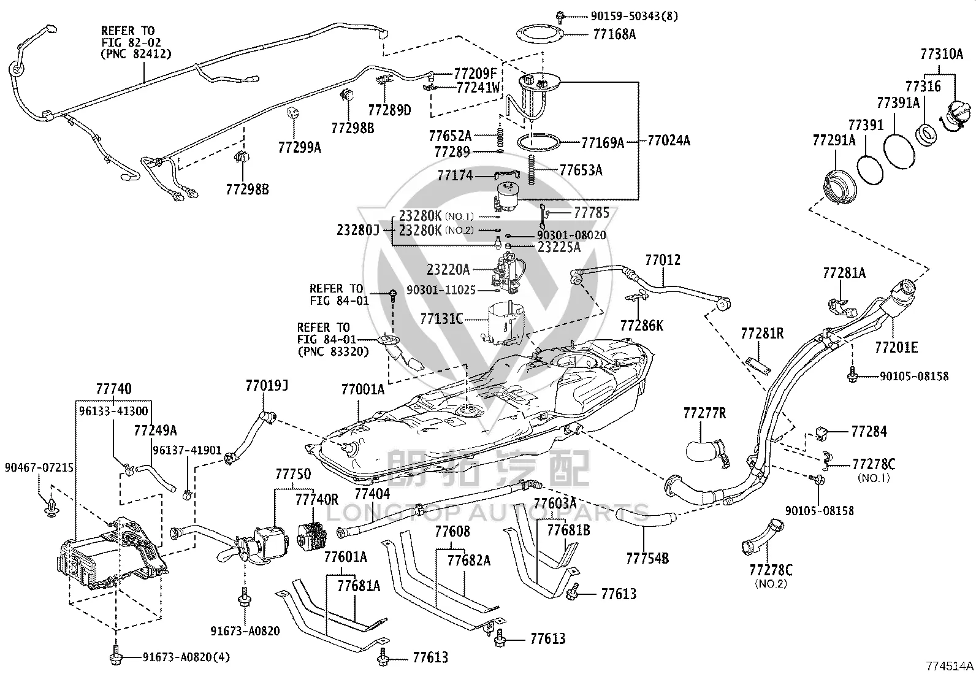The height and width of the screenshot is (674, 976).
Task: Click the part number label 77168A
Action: (614, 34)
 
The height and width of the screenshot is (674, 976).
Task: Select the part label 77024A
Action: (669, 141)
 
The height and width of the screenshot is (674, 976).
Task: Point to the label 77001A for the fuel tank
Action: (363, 389)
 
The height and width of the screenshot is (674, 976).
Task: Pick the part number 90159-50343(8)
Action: (635, 16)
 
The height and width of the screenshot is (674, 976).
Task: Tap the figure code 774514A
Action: (950, 666)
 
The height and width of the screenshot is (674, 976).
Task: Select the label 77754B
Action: (647, 558)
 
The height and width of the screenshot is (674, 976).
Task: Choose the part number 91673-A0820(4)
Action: (186, 657)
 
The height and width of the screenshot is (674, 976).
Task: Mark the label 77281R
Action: (762, 334)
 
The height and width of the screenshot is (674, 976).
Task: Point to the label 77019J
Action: (267, 385)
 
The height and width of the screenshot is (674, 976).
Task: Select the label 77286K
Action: (642, 325)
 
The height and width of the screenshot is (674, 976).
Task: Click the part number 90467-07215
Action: (39, 468)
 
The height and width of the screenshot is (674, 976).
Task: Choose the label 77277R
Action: (704, 413)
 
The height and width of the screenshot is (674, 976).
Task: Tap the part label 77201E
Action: (896, 348)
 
